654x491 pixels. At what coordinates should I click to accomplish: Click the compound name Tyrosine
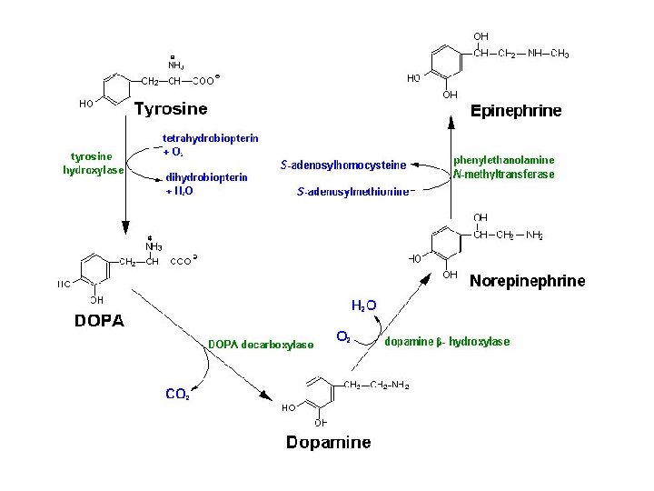[x=171, y=110]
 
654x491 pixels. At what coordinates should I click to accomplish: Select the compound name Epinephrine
[x=515, y=111]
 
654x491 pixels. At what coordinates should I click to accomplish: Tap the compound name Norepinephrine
[x=527, y=281]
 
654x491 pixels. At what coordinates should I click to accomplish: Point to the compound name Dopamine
[x=328, y=443]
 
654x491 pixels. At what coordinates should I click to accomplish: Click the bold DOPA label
[x=99, y=320]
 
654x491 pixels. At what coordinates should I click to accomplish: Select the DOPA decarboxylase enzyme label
[x=261, y=344]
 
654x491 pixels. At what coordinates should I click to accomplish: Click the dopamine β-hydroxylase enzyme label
[x=447, y=342]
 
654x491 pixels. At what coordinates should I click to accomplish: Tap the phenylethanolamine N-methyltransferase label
[x=503, y=167]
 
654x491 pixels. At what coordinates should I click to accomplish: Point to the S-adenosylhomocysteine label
[x=342, y=165]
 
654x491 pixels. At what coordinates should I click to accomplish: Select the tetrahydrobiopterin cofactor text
[x=210, y=138]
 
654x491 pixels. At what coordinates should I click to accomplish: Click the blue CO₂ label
[x=177, y=394]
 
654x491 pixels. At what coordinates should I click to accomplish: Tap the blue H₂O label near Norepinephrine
[x=363, y=306]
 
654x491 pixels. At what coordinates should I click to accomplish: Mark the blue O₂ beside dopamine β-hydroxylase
[x=343, y=336]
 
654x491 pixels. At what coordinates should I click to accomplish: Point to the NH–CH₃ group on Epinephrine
[x=549, y=54]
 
